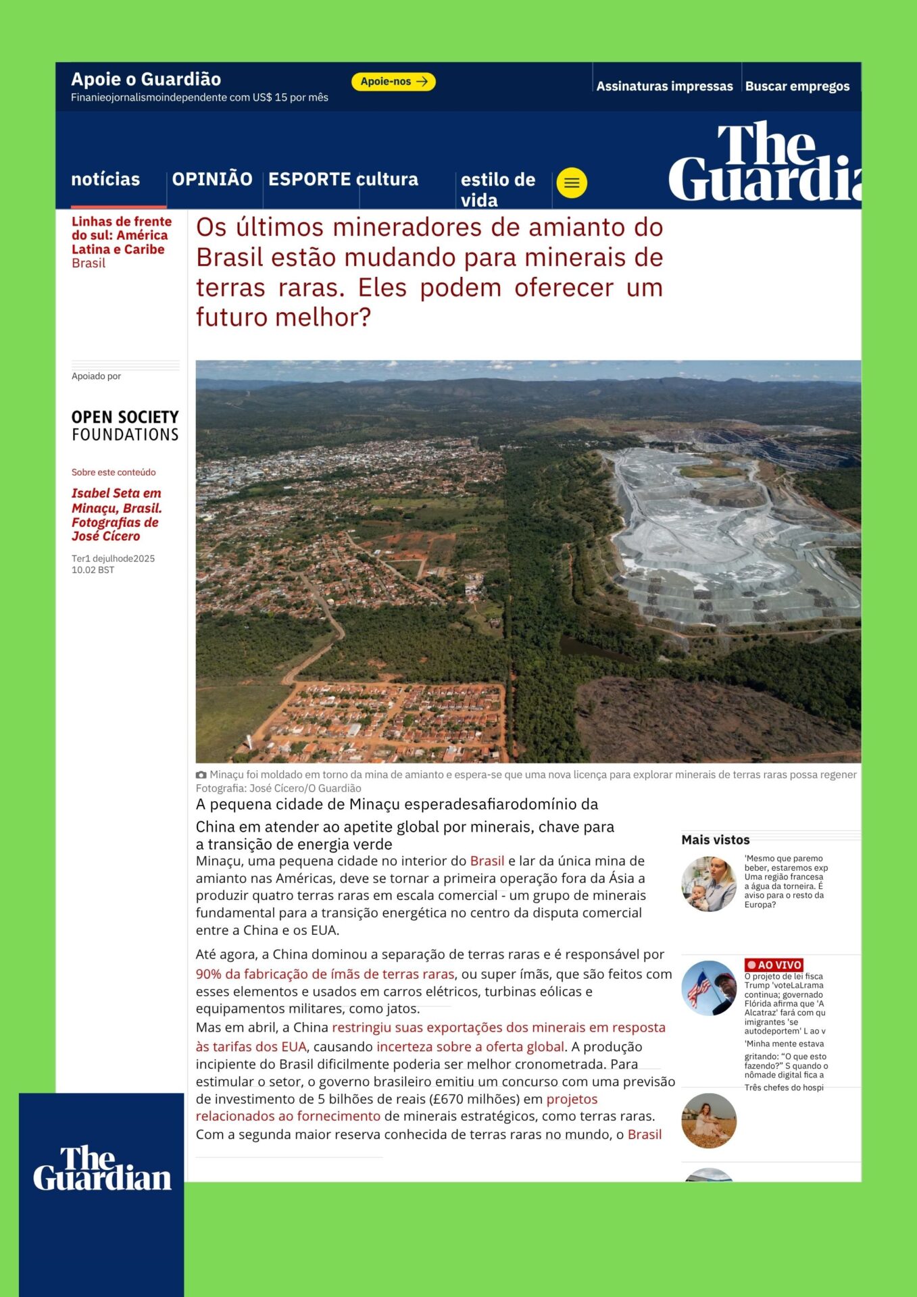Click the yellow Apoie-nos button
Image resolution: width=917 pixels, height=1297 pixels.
tap(393, 82)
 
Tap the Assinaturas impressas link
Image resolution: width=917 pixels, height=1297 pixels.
tap(664, 86)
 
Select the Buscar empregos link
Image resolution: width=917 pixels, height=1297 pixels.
tap(797, 86)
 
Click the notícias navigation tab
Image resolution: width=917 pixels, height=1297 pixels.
tap(105, 180)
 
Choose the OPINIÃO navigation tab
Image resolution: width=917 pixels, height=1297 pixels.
tap(212, 180)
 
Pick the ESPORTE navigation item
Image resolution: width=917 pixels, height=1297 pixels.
tap(309, 180)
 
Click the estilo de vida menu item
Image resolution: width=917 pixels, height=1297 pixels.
tap(498, 190)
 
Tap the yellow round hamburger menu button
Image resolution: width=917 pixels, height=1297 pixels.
tap(572, 183)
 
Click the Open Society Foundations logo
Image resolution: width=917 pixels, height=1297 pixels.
tap(125, 426)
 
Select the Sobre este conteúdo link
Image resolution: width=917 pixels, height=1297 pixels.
tap(114, 472)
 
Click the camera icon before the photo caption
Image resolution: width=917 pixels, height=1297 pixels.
tap(201, 775)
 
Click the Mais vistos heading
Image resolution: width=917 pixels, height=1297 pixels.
tap(716, 840)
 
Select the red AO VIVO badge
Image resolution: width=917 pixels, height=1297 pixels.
tap(774, 965)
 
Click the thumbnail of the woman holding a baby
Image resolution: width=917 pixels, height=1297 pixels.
tap(709, 884)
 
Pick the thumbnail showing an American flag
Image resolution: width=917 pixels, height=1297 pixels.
tap(709, 988)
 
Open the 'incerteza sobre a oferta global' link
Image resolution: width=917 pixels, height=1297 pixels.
tap(470, 1047)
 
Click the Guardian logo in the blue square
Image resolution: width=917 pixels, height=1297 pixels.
tap(102, 1169)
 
